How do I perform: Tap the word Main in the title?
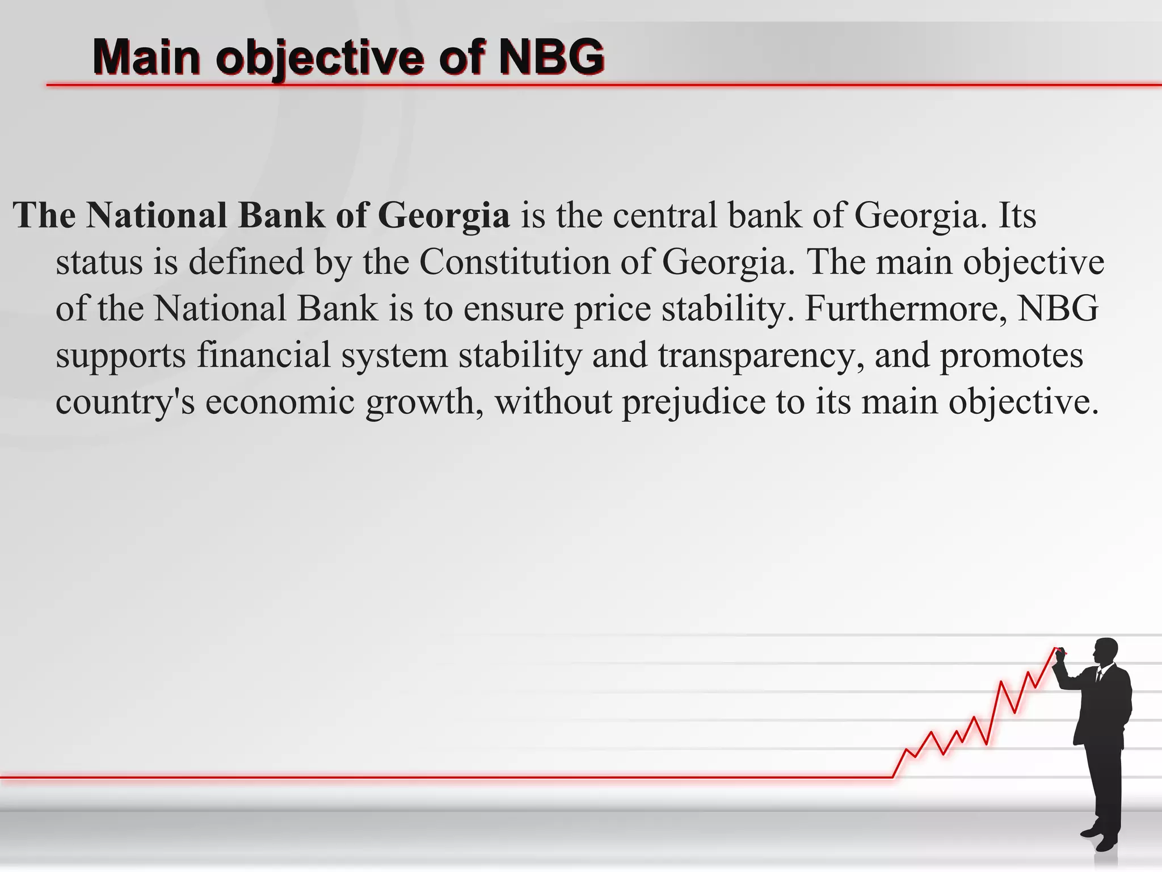pos(146,57)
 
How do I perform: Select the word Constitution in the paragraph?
pos(514,262)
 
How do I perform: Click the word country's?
pos(125,401)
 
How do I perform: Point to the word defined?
pos(246,262)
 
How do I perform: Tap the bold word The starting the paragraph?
pos(44,215)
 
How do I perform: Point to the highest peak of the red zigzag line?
pos(1055,648)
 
